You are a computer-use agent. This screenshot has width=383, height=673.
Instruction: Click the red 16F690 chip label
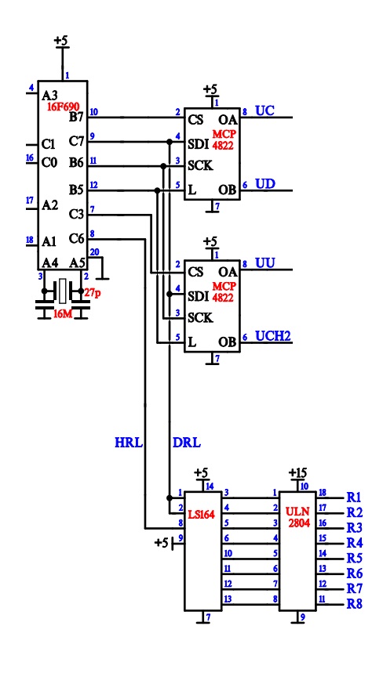(x=64, y=107)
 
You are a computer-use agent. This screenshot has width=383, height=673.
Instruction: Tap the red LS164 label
(x=202, y=513)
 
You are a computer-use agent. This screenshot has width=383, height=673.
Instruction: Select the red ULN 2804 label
(x=297, y=517)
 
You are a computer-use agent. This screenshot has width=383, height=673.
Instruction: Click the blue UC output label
(x=265, y=110)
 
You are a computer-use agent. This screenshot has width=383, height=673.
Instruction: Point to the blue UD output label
(x=265, y=184)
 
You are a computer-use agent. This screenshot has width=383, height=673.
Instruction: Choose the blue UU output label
(x=265, y=262)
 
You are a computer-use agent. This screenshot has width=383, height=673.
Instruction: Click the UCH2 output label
(x=273, y=335)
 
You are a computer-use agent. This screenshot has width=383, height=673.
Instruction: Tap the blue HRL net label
(x=129, y=443)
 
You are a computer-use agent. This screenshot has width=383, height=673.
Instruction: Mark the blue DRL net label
(x=187, y=443)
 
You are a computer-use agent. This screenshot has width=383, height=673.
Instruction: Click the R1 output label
(x=354, y=498)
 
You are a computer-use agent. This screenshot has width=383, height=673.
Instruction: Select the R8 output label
(x=354, y=604)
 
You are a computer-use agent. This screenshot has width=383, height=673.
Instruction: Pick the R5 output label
(x=354, y=559)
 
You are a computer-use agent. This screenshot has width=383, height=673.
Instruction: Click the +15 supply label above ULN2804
(x=297, y=472)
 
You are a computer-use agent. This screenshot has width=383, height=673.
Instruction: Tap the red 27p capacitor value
(x=93, y=293)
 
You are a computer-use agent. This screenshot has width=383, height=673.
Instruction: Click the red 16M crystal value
(x=63, y=315)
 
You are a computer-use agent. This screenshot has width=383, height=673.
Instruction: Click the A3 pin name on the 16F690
(x=49, y=94)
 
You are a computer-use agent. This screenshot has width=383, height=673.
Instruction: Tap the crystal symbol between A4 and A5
(x=63, y=291)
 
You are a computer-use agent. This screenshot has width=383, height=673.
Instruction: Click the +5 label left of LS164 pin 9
(x=161, y=543)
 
